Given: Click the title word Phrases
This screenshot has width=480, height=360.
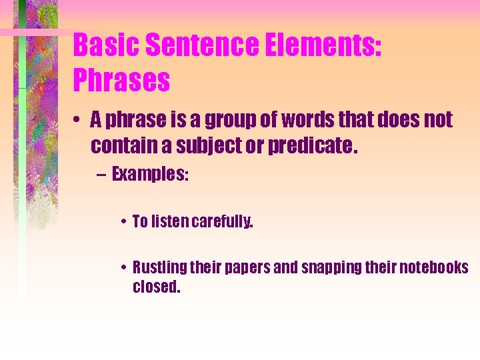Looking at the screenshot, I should pyautogui.click(x=121, y=81).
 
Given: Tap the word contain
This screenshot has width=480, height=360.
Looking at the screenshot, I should pyautogui.click(x=121, y=145).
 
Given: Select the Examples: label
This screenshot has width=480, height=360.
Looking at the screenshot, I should pyautogui.click(x=150, y=175).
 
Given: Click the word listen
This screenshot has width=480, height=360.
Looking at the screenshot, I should pyautogui.click(x=170, y=222).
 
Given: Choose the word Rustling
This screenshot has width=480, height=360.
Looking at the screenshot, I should pyautogui.click(x=159, y=268).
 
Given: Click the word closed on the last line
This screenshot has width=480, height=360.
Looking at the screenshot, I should pyautogui.click(x=157, y=288).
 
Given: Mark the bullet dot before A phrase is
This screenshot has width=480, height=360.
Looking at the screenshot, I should pyautogui.click(x=78, y=121).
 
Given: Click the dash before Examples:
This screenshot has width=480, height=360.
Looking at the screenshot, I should pyautogui.click(x=100, y=175).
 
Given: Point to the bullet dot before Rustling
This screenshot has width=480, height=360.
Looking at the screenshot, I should pyautogui.click(x=124, y=269).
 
